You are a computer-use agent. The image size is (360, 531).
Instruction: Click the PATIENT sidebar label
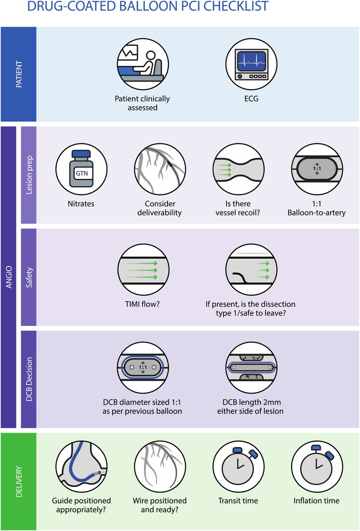[19, 74]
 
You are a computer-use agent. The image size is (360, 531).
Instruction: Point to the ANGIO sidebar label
[9, 277]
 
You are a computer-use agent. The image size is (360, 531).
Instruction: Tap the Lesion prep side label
[29, 175]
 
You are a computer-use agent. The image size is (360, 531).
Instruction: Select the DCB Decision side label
[29, 379]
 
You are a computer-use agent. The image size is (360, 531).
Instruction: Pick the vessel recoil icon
[238, 170]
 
